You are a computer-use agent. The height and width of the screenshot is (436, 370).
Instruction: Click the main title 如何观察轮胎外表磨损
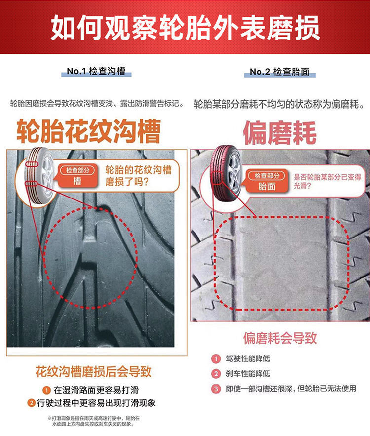coord(185,27)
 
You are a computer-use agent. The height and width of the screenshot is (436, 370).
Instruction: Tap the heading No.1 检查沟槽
coord(96,71)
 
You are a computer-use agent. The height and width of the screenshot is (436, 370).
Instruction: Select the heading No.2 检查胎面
coord(279,72)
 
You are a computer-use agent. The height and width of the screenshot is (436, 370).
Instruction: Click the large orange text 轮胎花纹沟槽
coord(89,131)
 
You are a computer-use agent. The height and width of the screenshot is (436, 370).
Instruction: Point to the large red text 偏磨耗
coord(280,133)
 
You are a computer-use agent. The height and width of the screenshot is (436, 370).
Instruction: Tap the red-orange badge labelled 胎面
coord(267,181)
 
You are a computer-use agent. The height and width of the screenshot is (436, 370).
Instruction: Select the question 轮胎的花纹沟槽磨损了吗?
coord(138,175)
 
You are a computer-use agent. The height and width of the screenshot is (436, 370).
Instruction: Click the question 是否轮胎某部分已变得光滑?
coord(327,181)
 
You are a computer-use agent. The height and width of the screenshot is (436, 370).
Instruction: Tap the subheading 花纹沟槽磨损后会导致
coord(93,371)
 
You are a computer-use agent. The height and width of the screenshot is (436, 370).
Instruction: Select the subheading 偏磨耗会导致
coord(280,338)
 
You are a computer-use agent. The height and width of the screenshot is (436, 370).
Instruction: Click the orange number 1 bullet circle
coord(46,390)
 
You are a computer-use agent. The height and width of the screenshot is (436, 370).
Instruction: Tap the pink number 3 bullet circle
coord(216,389)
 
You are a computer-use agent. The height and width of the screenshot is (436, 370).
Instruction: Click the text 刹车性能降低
coord(248,373)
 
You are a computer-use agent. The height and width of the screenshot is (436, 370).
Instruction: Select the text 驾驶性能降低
coord(248,358)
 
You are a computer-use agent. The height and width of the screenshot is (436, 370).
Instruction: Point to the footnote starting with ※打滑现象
coord(93,421)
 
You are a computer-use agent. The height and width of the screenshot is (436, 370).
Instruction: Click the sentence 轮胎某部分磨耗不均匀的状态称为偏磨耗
coord(279,104)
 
